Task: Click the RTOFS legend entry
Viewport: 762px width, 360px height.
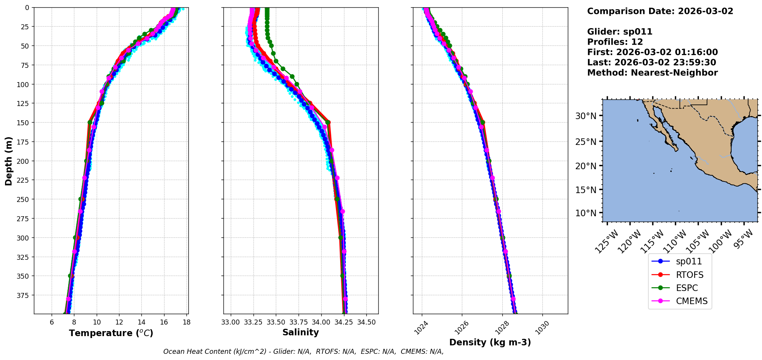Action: tap(689, 275)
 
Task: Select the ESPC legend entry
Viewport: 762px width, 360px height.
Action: tap(686, 288)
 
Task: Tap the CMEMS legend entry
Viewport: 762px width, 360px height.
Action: tap(692, 301)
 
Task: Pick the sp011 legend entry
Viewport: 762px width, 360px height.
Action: tap(688, 261)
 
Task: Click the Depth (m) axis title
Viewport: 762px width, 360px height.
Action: tap(9, 161)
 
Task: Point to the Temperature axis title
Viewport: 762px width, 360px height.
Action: tap(111, 333)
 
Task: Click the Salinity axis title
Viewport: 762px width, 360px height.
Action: tap(300, 332)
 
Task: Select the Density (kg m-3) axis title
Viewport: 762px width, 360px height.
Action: tap(490, 342)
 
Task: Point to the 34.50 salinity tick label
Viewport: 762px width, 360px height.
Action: tap(366, 322)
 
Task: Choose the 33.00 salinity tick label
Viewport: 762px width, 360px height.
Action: tap(231, 322)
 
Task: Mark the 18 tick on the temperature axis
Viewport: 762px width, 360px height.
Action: tap(186, 322)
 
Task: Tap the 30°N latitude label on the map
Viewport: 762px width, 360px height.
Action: tap(586, 116)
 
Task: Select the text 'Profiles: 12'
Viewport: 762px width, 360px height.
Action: tap(614, 42)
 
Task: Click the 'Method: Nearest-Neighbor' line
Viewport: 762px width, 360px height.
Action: tap(652, 73)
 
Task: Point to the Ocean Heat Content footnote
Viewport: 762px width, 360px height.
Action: tap(303, 352)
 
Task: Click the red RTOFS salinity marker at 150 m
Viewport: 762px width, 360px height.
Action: tap(328, 123)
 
